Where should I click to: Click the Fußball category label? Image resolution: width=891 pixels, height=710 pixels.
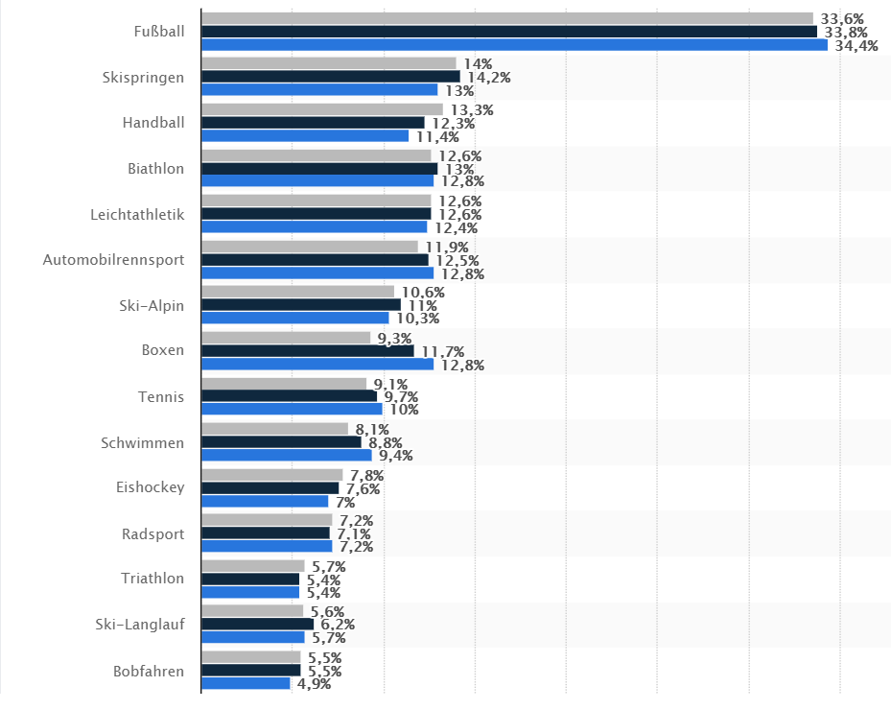pos(159,32)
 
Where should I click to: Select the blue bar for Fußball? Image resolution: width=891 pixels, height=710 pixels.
pos(514,44)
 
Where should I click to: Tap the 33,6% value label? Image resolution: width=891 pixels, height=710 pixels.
pos(842,18)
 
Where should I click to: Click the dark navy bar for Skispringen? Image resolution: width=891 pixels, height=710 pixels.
pos(330,77)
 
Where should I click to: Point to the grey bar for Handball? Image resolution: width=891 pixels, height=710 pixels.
pos(321,109)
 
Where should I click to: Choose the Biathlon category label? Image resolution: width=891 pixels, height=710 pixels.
pos(155,169)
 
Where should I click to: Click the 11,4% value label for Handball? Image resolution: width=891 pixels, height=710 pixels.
pos(437,136)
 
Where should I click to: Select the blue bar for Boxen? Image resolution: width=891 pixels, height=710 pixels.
pos(317,364)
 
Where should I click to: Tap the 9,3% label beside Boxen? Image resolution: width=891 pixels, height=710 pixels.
pos(394,339)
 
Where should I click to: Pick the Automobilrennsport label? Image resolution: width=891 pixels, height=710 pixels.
pos(114,260)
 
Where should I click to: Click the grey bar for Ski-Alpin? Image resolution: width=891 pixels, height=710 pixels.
pos(297,292)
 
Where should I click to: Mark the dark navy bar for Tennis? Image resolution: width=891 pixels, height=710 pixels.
pos(289,396)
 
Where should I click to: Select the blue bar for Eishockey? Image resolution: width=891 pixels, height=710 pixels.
pos(265,501)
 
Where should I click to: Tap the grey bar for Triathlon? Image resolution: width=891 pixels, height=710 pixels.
pos(252,566)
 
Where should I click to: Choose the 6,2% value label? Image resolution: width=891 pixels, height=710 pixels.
pos(338,625)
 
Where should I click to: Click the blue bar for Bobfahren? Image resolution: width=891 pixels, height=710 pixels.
pos(246,683)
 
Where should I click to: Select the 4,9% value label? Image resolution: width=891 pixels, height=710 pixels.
pos(314,684)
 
